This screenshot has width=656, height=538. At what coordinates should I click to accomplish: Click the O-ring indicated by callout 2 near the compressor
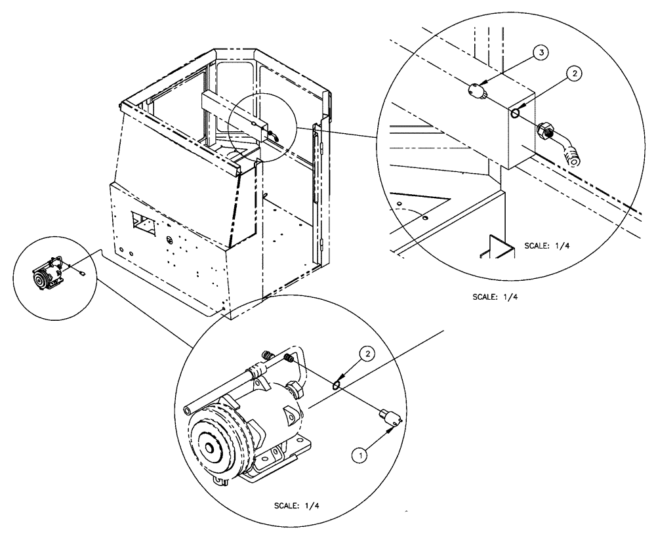click(x=337, y=384)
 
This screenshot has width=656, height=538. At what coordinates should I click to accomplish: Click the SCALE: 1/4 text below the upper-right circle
click(x=496, y=297)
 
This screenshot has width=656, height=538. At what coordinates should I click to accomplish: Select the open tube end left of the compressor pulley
click(x=188, y=410)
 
